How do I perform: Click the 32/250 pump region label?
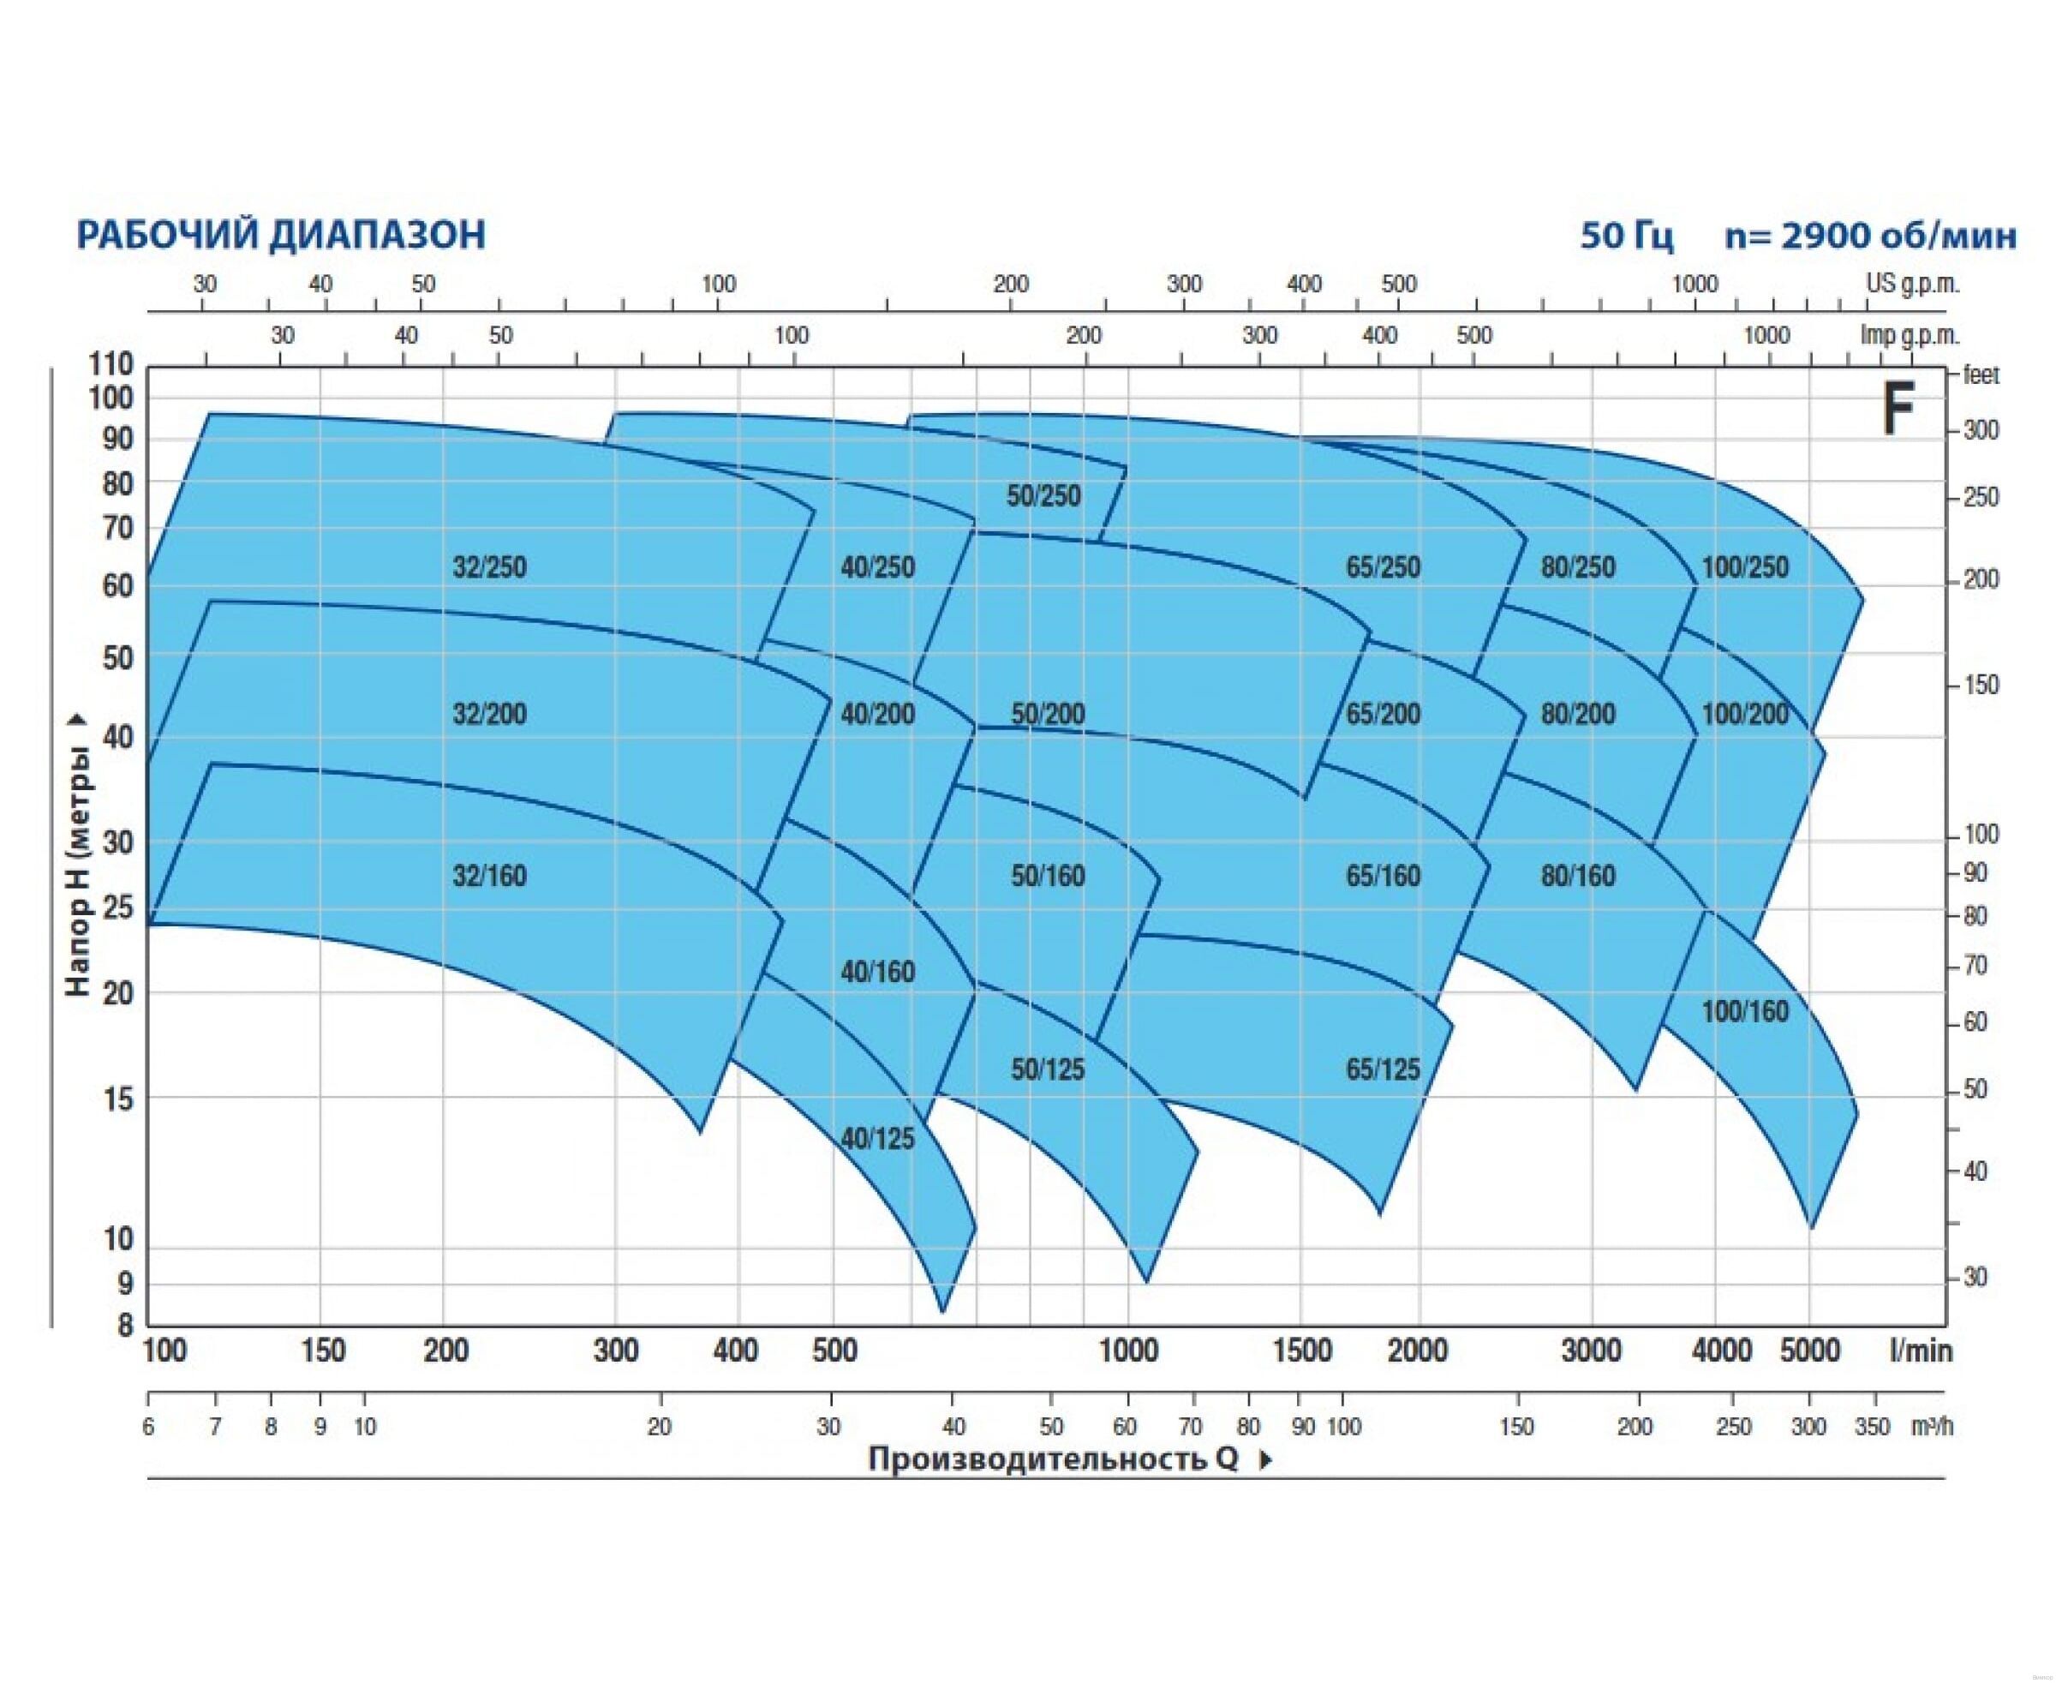click(x=489, y=567)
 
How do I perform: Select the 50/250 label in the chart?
click(x=1043, y=496)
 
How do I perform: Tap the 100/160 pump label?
click(x=1745, y=1012)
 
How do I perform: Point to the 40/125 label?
click(x=877, y=1139)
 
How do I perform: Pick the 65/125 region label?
click(x=1383, y=1070)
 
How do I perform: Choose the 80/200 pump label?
click(x=1578, y=715)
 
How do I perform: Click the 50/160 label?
click(x=1047, y=877)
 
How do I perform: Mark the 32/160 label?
click(x=489, y=877)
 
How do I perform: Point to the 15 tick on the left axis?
click(x=117, y=1099)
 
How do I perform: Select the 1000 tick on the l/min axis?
click(x=1128, y=1351)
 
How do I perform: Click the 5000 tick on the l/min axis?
click(x=1810, y=1351)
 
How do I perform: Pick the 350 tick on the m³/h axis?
click(x=1873, y=1427)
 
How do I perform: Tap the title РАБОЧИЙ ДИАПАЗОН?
click(x=281, y=236)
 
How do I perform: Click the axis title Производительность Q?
click(x=1054, y=1459)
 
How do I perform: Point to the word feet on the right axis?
click(x=1981, y=375)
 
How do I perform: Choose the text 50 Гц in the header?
click(x=1626, y=236)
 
